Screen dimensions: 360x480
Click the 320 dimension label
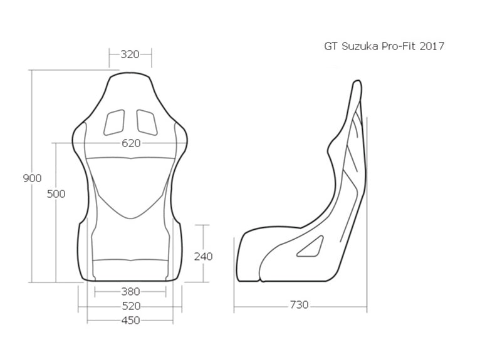coord(130,54)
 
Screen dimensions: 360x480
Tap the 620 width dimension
coord(131,143)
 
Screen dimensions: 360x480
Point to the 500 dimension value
coord(56,194)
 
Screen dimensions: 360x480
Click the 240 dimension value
coord(203,256)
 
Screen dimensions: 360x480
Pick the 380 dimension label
coord(130,291)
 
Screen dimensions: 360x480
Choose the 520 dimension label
coord(130,306)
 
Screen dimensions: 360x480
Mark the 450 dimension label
coord(130,321)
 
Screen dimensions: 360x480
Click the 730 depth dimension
coord(299,305)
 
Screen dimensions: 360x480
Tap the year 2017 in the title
coord(432,46)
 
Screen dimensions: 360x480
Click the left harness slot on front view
coord(115,121)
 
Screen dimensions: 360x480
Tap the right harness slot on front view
coord(147,121)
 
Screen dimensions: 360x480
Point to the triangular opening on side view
coord(310,247)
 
